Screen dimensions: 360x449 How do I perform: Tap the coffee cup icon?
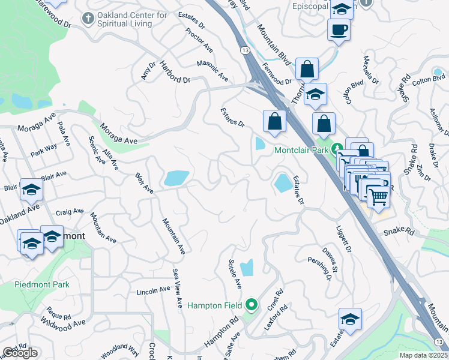339,29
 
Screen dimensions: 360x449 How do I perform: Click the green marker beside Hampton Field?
252,305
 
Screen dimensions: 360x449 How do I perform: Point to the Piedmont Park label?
42,284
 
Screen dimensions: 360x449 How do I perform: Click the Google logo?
20,353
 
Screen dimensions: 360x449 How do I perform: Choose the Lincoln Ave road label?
154,290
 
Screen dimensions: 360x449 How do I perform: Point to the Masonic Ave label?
212,70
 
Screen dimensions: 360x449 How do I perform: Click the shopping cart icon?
378,196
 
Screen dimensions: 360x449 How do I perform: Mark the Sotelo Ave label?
234,272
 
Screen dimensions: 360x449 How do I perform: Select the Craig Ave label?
70,212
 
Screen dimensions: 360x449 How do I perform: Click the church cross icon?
88,18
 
